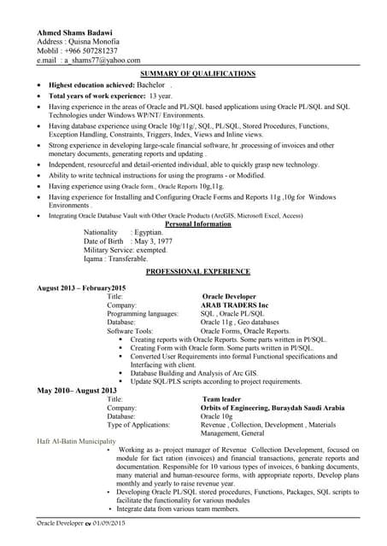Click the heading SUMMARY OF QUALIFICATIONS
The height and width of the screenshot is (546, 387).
tap(197, 74)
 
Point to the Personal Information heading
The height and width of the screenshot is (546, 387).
tap(197, 224)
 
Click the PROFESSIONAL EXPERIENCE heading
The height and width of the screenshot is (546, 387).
tap(198, 271)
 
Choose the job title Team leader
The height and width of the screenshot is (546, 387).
tap(224, 398)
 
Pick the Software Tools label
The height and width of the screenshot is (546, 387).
tap(130, 330)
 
